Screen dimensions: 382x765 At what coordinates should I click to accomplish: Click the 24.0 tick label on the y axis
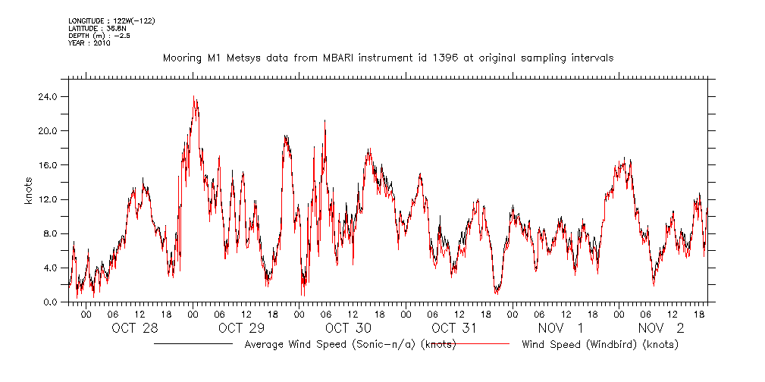pyautogui.click(x=49, y=97)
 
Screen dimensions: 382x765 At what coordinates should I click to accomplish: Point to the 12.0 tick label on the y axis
pyautogui.click(x=49, y=199)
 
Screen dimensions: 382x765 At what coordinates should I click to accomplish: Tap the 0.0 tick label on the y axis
pyautogui.click(x=51, y=302)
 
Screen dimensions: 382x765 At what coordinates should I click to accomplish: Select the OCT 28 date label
pyautogui.click(x=134, y=328)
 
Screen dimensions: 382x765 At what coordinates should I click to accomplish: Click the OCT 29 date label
pyautogui.click(x=241, y=328)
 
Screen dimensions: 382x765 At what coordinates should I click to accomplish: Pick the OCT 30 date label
pyautogui.click(x=348, y=328)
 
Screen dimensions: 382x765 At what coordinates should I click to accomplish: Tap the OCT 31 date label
pyautogui.click(x=454, y=328)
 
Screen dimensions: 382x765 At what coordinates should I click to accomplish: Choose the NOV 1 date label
pyautogui.click(x=560, y=328)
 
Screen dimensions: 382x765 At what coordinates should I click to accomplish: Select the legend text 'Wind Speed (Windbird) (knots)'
pyautogui.click(x=600, y=344)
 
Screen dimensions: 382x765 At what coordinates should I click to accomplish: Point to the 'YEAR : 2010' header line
pyautogui.click(x=89, y=43)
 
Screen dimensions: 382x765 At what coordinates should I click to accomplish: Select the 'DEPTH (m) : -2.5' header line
pyautogui.click(x=99, y=36)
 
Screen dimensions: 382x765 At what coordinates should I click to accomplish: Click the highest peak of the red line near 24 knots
pyautogui.click(x=194, y=98)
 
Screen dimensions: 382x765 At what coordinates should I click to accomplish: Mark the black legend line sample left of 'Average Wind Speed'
pyautogui.click(x=193, y=344)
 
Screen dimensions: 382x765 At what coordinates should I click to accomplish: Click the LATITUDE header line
pyautogui.click(x=91, y=27)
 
